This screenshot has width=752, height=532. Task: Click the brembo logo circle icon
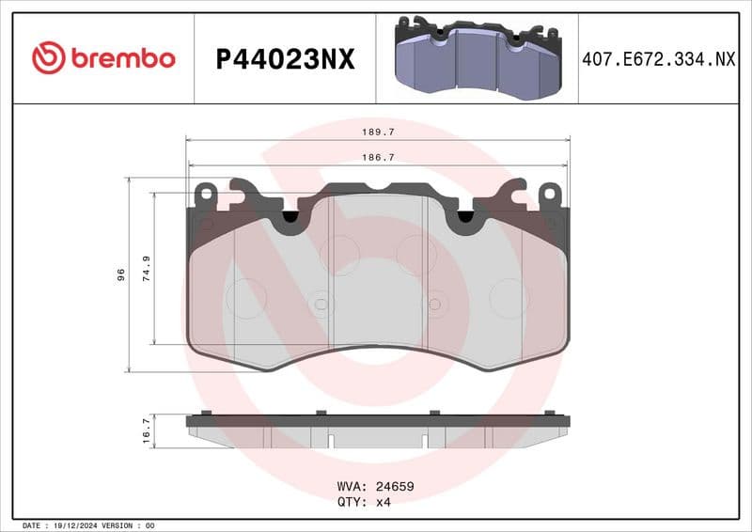(49, 58)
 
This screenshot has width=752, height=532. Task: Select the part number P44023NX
(285, 59)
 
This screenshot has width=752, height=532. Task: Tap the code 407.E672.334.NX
(658, 59)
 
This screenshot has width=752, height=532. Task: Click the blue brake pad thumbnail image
(476, 58)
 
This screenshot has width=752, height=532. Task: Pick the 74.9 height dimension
(145, 269)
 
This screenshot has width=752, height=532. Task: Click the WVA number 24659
(395, 487)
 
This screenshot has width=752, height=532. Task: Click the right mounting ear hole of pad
(548, 194)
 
